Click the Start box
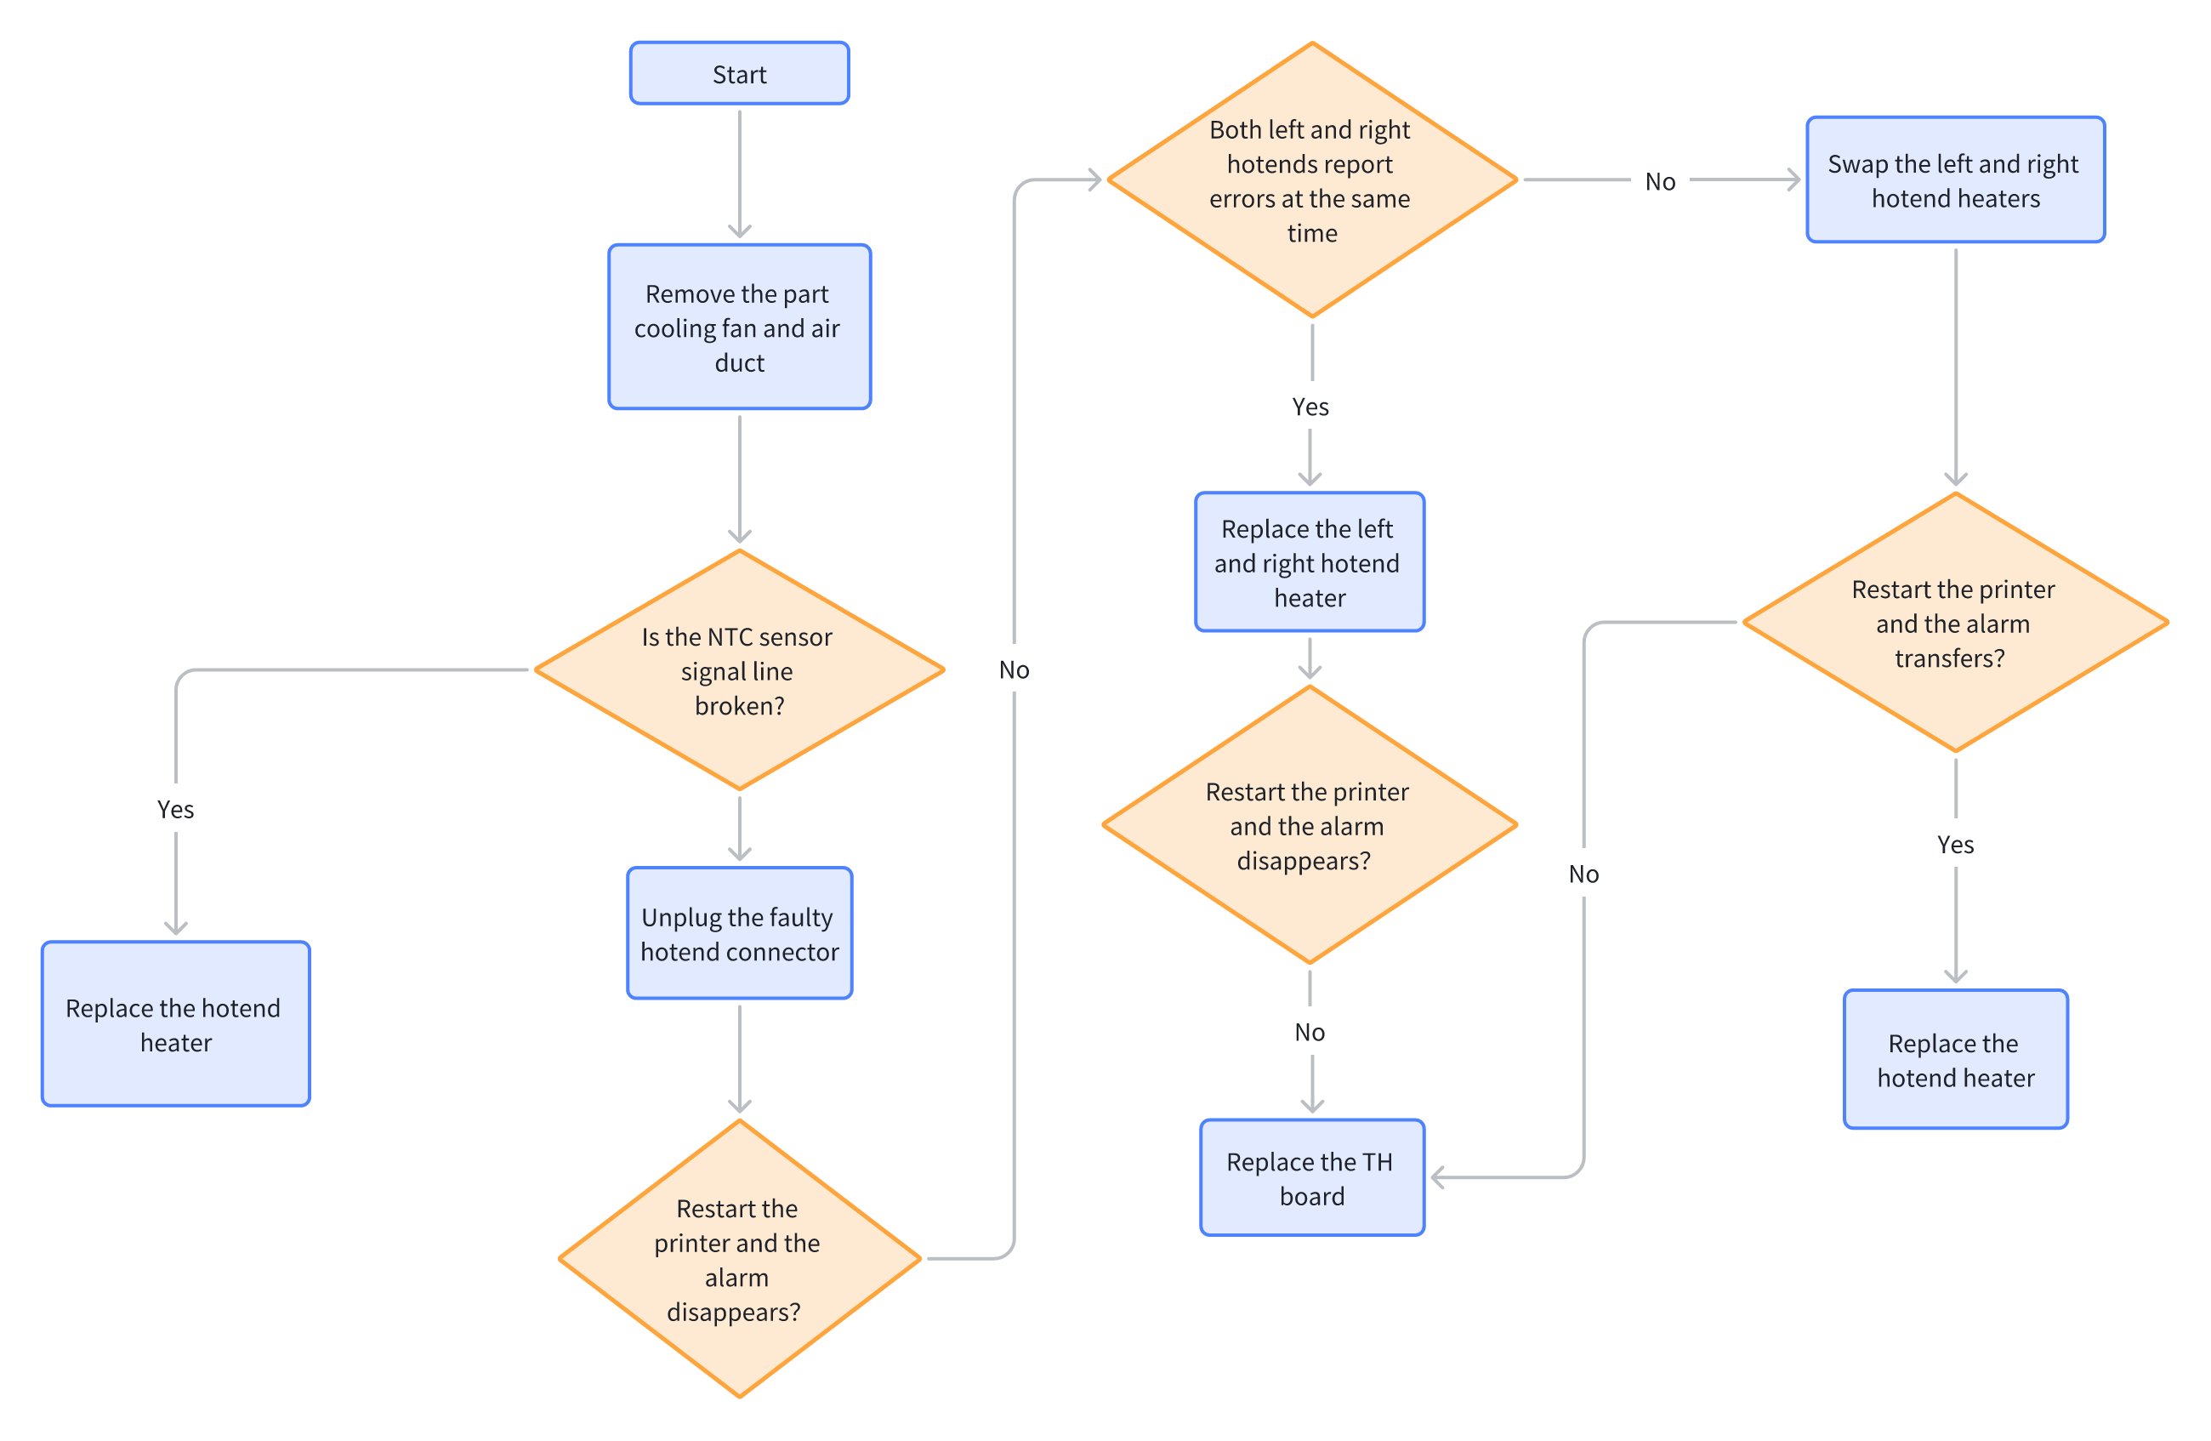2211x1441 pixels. click(740, 73)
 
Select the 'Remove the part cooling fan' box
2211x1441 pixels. click(740, 327)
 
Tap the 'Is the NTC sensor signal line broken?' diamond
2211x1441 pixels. click(740, 669)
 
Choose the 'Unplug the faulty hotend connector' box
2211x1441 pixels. click(740, 934)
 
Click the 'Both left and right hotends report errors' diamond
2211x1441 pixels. click(1312, 180)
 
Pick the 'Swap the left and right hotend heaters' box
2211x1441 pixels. click(1956, 180)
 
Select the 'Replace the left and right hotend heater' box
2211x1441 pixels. click(1310, 562)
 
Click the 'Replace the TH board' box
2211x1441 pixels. click(1312, 1178)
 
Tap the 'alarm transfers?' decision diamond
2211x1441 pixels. click(1956, 623)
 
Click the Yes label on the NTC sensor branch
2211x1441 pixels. click(175, 809)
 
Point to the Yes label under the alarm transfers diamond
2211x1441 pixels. click(1956, 845)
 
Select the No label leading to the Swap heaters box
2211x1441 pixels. click(1660, 181)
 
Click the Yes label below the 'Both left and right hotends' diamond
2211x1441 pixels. click(1310, 407)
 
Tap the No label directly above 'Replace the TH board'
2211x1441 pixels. click(1310, 1032)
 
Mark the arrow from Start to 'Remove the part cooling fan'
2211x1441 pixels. click(740, 174)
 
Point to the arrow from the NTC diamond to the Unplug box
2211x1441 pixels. click(740, 829)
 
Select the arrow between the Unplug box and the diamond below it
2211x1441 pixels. click(740, 1059)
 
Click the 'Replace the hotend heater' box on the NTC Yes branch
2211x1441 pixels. click(175, 1024)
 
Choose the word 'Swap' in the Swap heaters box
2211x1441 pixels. click(1858, 164)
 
